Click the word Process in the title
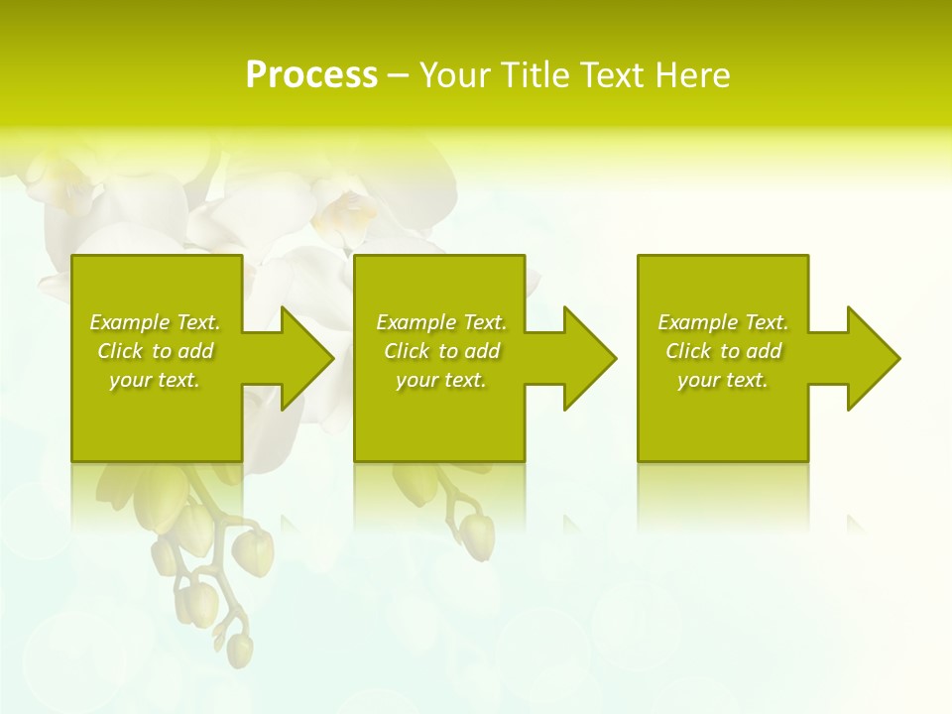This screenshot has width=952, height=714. [311, 75]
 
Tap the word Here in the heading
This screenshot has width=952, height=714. [691, 75]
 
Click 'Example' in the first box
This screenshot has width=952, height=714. [130, 322]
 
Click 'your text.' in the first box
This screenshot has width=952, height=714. [155, 380]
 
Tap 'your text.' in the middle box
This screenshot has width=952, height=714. [441, 380]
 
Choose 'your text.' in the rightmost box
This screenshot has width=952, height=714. [723, 380]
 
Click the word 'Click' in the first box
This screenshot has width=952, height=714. [120, 351]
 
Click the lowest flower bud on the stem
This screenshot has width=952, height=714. [239, 650]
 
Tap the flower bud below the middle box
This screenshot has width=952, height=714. [480, 535]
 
